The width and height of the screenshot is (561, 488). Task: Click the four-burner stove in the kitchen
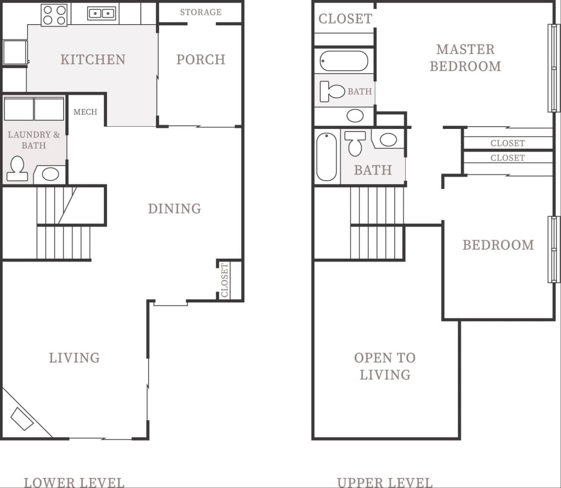coord(54,15)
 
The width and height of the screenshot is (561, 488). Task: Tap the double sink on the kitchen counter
coord(102,14)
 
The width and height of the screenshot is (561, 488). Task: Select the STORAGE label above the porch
coord(200,12)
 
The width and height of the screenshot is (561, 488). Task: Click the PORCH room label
coord(200,60)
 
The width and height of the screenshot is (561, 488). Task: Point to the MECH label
coord(85,112)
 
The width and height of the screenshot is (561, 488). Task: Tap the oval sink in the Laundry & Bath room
coord(50,174)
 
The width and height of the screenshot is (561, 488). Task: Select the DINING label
coord(174,209)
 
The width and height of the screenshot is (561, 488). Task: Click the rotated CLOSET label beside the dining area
coord(225,280)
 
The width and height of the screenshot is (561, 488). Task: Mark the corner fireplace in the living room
coord(22,419)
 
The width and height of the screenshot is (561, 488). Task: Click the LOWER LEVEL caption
coord(74,482)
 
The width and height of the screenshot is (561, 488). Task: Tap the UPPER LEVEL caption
coord(384,482)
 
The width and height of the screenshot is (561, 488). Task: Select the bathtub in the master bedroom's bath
coord(344,61)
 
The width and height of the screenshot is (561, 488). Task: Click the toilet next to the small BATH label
coord(332,91)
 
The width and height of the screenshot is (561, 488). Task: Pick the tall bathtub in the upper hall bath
coord(326,157)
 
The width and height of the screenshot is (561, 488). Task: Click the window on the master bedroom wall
coord(554,68)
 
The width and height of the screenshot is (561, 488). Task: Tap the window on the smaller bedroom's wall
coord(554,249)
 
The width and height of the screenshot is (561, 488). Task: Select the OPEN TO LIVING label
coord(385,366)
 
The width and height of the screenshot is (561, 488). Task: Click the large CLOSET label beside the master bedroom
coord(345,19)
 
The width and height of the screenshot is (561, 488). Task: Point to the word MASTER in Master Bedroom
coord(465,50)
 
